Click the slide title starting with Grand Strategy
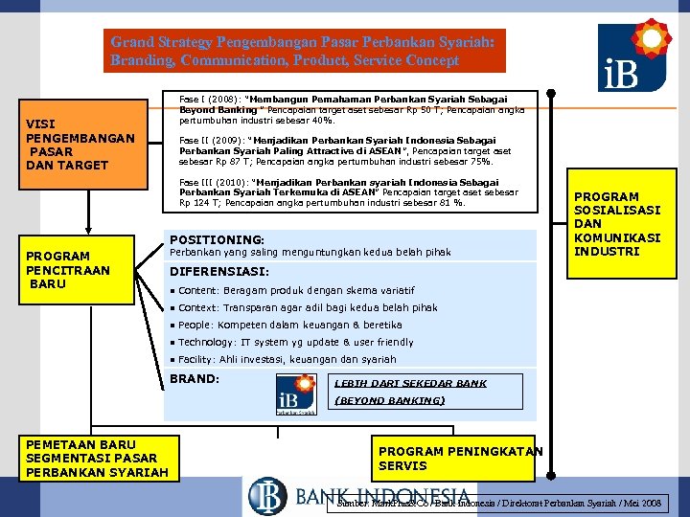(x=304, y=51)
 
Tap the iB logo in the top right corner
(x=634, y=56)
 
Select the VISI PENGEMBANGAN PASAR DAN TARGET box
(x=80, y=145)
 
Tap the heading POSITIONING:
(x=217, y=239)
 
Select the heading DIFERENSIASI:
(x=222, y=271)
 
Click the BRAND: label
(x=195, y=379)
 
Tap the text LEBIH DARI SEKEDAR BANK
(x=410, y=383)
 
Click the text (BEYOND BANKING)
(x=389, y=400)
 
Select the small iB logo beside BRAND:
(x=295, y=395)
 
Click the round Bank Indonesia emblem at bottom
(x=267, y=496)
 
